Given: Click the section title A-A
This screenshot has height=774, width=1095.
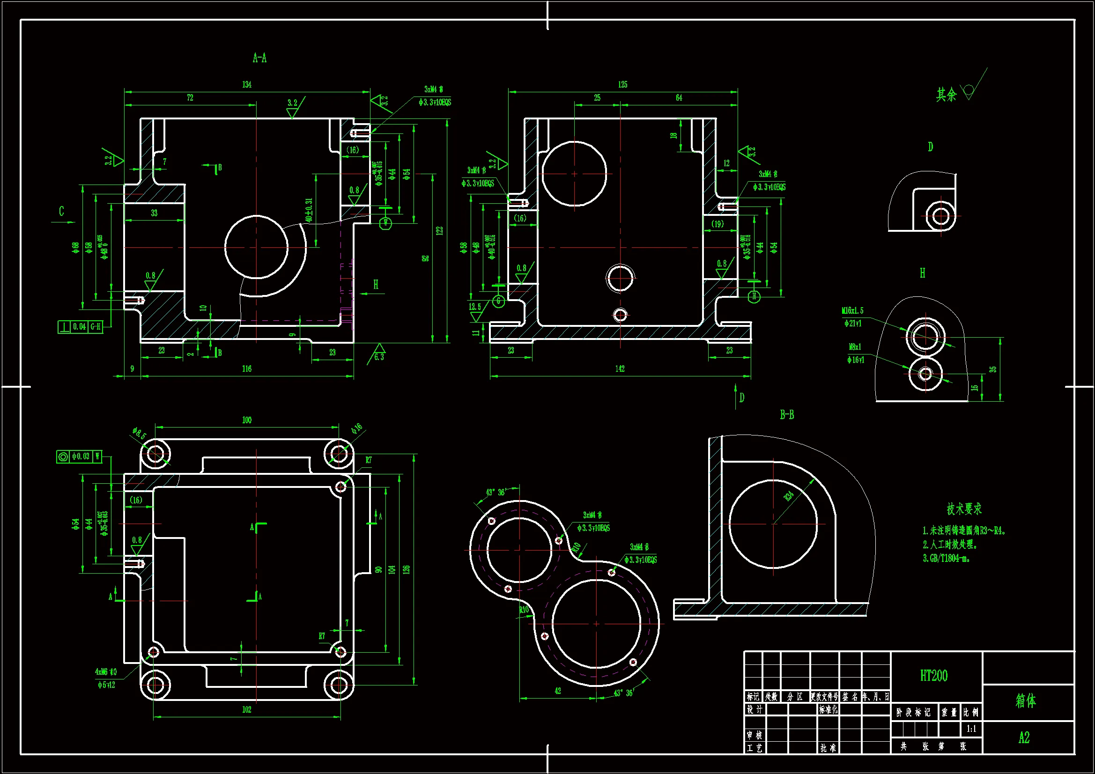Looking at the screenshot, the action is pos(259,59).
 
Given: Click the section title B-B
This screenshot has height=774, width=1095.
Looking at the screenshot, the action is pos(787,415).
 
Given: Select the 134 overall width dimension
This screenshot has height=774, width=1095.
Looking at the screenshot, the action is pos(246,85).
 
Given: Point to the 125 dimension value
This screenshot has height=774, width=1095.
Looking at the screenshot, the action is pos(622,85).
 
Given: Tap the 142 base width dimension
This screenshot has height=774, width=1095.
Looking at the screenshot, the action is pos(620,369).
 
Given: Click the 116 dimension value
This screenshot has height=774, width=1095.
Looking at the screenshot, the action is pos(246,369).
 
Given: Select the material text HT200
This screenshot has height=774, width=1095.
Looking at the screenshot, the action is pos(934,676).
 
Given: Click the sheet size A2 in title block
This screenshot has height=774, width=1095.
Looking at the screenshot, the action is pos(1024,738).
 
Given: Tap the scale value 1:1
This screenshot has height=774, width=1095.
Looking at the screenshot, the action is pos(971,729).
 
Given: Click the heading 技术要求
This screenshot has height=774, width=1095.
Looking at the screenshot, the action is pos(964,509).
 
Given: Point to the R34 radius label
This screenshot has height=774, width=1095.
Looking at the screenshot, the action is pos(789,496).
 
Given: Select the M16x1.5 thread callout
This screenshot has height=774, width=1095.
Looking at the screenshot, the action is pos(852,310).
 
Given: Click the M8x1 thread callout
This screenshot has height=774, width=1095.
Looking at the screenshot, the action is pos(855,346).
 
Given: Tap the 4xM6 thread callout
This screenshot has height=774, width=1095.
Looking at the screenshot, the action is pos(105,672).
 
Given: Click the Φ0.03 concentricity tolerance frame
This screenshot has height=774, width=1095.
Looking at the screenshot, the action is pos(79,457).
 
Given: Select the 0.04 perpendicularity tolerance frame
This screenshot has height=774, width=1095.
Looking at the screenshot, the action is pos(80,327).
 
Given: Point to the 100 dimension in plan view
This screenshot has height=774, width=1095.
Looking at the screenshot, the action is pos(246,420).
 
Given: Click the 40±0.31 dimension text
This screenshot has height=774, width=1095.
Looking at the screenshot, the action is pos(309,210).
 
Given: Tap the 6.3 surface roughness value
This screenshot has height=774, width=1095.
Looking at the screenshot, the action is pos(379,357).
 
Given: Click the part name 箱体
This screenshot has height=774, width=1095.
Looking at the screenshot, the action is pos(1026,700).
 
